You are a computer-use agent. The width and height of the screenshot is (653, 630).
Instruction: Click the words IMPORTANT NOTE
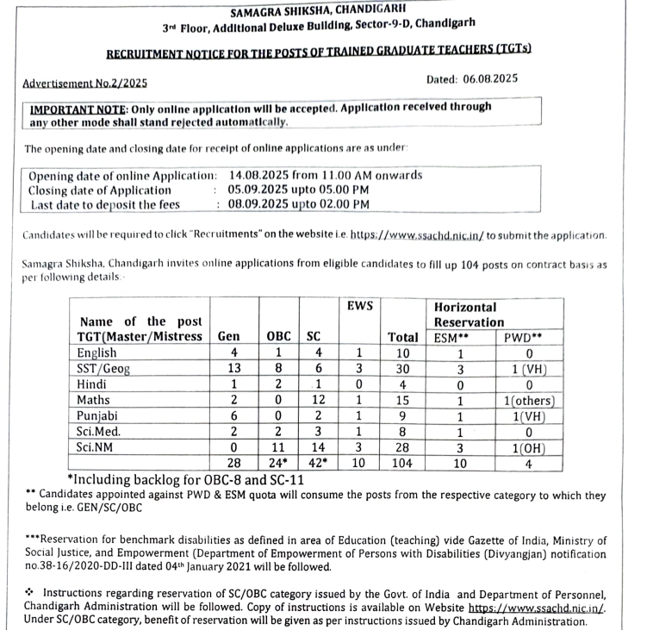78,108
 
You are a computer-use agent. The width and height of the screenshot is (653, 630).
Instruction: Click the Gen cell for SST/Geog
234,368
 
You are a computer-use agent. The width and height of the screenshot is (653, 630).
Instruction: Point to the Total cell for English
402,352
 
